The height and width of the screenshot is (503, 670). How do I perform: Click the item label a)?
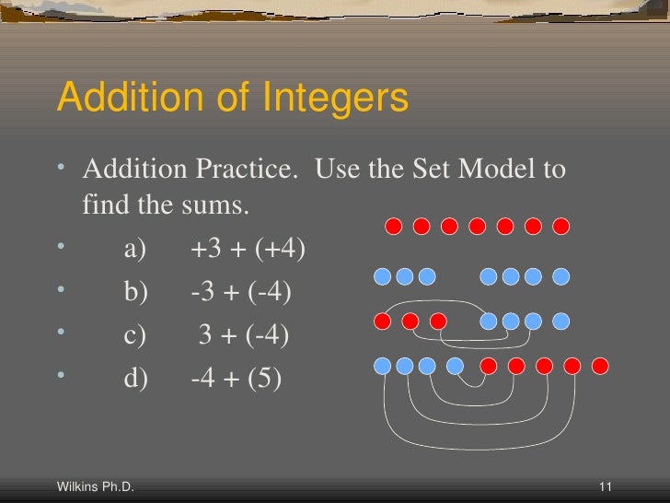(x=135, y=249)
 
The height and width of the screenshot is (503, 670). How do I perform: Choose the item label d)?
(x=135, y=376)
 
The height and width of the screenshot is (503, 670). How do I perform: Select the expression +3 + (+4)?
(x=248, y=249)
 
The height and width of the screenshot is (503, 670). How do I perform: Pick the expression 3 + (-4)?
(x=244, y=333)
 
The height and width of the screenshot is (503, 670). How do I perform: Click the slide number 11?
(x=606, y=486)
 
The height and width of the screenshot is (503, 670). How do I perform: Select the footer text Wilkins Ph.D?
(x=96, y=486)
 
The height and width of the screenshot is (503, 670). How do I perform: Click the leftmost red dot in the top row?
(x=393, y=226)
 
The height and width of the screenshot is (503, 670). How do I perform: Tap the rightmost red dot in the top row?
(x=561, y=226)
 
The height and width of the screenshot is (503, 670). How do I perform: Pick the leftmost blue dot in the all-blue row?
(x=383, y=275)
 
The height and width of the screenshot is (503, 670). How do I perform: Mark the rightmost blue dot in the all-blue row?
(x=560, y=275)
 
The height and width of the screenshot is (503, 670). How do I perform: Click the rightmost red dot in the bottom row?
(x=600, y=367)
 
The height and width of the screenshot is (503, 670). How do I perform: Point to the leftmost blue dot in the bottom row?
(x=383, y=367)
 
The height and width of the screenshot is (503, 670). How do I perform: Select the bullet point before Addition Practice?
(x=61, y=170)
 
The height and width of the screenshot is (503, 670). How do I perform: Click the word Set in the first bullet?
(x=425, y=170)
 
